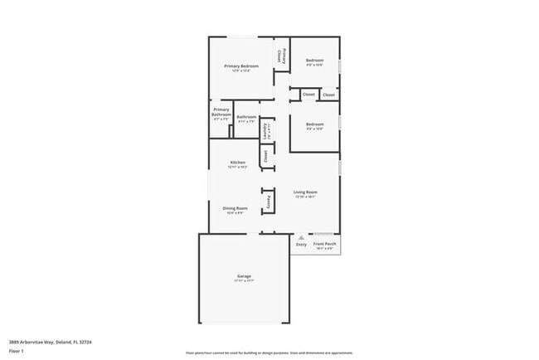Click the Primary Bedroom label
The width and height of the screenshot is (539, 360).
pyautogui.click(x=241, y=66)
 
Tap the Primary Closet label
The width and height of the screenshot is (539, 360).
pyautogui.click(x=282, y=56)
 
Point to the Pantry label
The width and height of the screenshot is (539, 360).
pyautogui.click(x=269, y=202)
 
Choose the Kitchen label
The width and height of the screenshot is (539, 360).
pyautogui.click(x=238, y=162)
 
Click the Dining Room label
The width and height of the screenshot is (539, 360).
pyautogui.click(x=235, y=208)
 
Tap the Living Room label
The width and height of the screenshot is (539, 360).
pyautogui.click(x=306, y=192)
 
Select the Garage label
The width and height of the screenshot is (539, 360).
pyautogui.click(x=244, y=275)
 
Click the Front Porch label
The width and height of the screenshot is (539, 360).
pyautogui.click(x=324, y=244)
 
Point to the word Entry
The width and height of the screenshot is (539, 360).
pyautogui.click(x=301, y=245)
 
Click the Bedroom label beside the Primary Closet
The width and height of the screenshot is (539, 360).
pyautogui.click(x=314, y=61)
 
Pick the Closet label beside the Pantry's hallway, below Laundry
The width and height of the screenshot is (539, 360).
pyautogui.click(x=265, y=154)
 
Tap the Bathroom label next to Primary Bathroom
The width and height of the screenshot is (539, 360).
pyautogui.click(x=246, y=117)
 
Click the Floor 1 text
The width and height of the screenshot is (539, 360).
pyautogui.click(x=17, y=351)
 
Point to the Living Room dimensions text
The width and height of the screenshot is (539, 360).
pyautogui.click(x=306, y=197)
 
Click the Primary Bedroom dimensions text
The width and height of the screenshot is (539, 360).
pyautogui.click(x=241, y=71)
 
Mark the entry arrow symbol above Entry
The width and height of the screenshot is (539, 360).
pyautogui.click(x=301, y=237)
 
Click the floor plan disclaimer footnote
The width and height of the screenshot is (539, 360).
pyautogui.click(x=269, y=352)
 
